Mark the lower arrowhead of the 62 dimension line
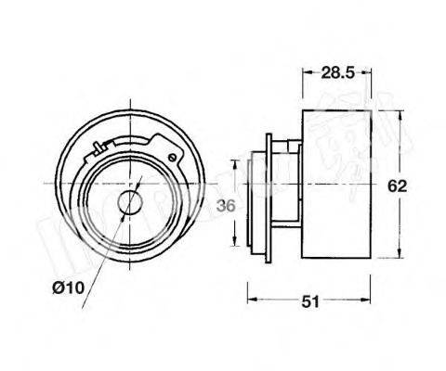pos(400,257)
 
